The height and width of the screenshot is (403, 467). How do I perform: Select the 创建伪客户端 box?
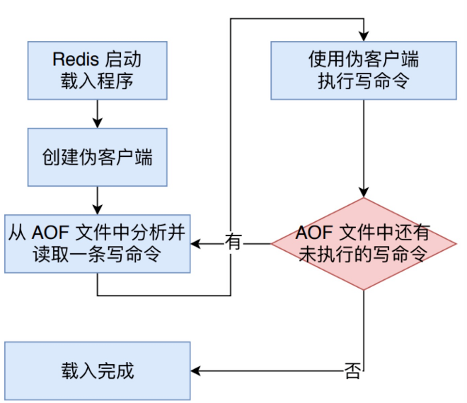click(97, 157)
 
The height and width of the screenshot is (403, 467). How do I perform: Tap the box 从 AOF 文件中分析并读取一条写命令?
click(98, 243)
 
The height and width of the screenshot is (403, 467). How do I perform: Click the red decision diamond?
click(363, 243)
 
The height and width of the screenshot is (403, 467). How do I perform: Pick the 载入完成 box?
click(98, 370)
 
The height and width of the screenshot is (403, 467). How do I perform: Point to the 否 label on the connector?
click(352, 370)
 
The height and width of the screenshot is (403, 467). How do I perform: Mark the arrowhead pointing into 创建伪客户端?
click(97, 123)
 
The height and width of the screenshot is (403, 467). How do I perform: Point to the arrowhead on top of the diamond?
click(363, 192)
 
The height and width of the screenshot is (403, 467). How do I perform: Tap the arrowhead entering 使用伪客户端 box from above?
click(363, 36)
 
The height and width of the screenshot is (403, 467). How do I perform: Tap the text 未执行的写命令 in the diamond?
click(363, 255)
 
